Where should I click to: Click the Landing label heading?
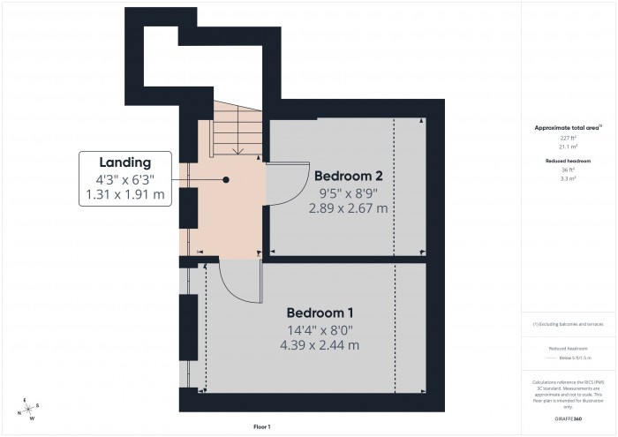point(124,162)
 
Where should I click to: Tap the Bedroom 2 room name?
point(348,175)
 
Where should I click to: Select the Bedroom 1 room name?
point(321,313)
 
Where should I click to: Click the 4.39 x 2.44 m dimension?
point(321,345)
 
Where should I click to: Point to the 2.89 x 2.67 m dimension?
point(348,208)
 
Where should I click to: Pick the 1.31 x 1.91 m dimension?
point(124,195)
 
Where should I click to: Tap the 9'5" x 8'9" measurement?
point(348,192)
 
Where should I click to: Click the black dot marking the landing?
point(226,179)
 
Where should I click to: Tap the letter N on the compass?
point(19,413)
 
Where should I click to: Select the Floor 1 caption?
point(262,427)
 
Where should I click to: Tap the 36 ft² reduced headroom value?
point(568,170)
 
